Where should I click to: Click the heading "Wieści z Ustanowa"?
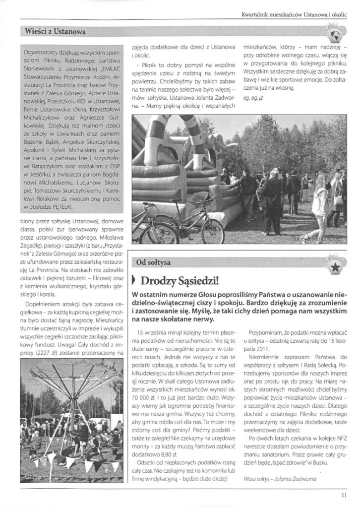point(55,32)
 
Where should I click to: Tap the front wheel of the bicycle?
point(213,231)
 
